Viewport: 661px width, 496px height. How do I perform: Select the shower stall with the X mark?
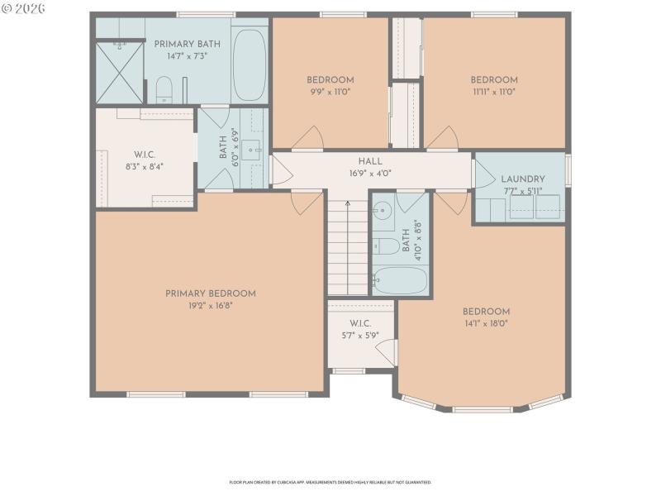(120, 71)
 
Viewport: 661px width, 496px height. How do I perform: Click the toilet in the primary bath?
(164, 88)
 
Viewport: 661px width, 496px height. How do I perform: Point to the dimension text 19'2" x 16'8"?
(210, 305)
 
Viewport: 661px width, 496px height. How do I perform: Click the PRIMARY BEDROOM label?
(210, 293)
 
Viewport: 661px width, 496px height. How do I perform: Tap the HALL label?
(369, 161)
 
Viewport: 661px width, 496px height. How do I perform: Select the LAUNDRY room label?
(522, 179)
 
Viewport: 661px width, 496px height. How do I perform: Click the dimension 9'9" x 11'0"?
(330, 92)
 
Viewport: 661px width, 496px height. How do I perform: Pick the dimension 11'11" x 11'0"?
(494, 92)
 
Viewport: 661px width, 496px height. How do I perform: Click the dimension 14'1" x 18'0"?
(486, 323)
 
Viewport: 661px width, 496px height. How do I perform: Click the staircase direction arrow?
(347, 204)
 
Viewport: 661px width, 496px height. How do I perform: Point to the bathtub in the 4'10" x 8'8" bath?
(400, 281)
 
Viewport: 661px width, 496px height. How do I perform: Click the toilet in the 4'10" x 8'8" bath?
(385, 245)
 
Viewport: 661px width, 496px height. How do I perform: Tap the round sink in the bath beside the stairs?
(382, 212)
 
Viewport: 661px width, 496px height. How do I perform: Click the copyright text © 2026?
(24, 7)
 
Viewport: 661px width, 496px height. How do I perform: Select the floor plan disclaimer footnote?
(330, 482)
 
